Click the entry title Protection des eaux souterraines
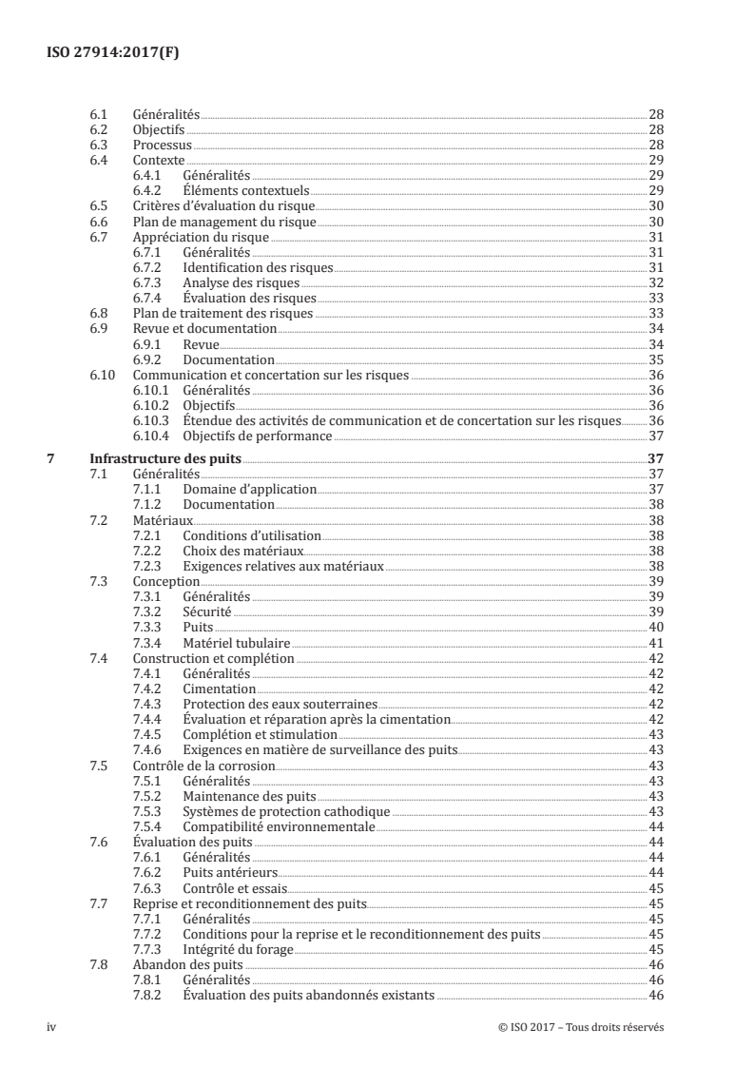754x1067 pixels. tap(280, 705)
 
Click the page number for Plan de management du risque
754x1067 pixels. tap(655, 221)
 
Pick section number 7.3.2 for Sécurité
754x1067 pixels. tap(145, 611)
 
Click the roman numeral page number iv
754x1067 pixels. tap(52, 1028)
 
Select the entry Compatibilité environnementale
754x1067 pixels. tap(278, 827)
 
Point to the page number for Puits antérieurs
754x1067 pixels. tap(655, 873)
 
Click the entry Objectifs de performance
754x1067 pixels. tap(257, 436)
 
